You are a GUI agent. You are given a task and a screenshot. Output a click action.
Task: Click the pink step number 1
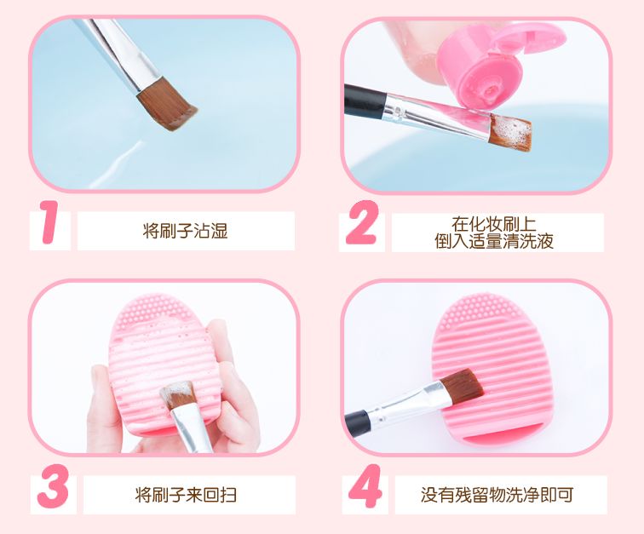(49, 227)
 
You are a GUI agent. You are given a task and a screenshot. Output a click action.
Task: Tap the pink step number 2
(361, 227)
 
